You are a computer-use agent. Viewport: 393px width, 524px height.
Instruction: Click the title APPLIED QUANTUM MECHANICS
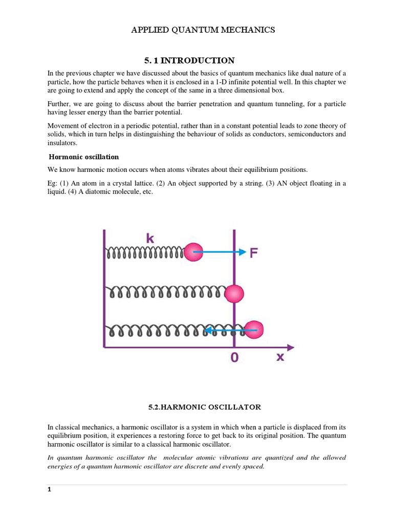203,30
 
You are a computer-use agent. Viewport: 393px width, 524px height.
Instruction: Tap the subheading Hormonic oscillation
83,157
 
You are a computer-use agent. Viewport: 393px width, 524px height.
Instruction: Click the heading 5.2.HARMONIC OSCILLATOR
204,407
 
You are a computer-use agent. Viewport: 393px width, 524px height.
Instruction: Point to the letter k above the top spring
150,238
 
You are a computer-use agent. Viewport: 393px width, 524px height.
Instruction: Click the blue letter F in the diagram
254,252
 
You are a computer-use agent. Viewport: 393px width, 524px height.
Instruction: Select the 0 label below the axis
234,358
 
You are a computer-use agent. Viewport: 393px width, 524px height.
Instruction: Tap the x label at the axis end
280,357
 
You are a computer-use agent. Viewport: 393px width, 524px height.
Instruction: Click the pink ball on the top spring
193,252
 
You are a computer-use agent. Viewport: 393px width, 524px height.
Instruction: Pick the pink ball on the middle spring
234,294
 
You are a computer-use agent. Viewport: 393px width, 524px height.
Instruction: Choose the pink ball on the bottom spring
254,330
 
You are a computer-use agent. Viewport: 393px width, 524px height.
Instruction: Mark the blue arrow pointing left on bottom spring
230,331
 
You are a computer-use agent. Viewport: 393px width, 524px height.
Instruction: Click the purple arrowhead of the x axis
290,347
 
